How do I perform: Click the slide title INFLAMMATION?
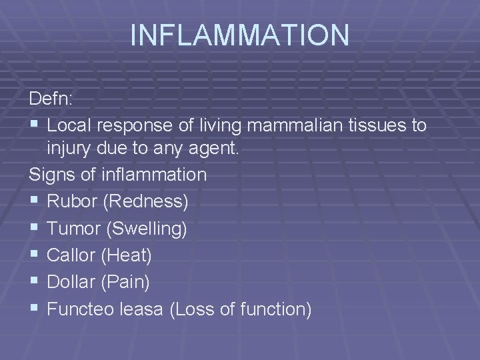[x=239, y=35]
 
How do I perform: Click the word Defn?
[x=53, y=99]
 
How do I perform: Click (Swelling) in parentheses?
[x=146, y=229]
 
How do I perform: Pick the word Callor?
[x=72, y=255]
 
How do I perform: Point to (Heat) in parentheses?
[x=127, y=255]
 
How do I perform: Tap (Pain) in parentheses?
[x=125, y=283]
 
